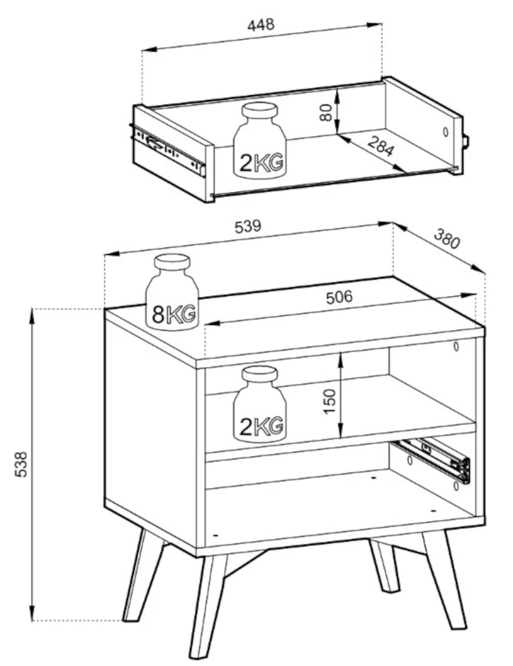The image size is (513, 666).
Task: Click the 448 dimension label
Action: pos(260,24)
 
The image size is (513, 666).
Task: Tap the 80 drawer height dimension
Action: pos(326,112)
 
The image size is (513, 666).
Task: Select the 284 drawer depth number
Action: pos(380,146)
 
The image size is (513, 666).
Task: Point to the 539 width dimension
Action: pos(248,226)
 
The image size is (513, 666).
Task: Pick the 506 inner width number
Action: pos(339,297)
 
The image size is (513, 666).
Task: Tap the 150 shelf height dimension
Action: pos(330,401)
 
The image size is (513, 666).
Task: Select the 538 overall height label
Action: pos(21,464)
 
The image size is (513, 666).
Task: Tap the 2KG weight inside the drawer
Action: pos(260,140)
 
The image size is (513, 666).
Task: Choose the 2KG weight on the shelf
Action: pos(260,404)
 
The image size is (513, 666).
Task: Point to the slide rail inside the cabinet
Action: pos(432,460)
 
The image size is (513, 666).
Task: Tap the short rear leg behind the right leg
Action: pos(384,565)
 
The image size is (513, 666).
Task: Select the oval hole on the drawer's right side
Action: pos(445,131)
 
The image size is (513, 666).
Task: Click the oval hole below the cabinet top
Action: pos(456,346)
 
